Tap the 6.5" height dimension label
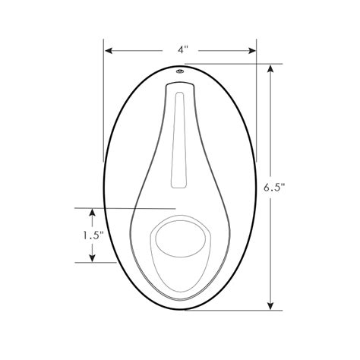tap(273, 188)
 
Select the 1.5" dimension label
tap(92, 235)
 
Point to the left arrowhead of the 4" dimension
tap(109, 51)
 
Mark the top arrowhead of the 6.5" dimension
tap(271, 68)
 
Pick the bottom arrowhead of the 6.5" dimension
tap(271, 305)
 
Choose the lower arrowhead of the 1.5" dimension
tap(92, 258)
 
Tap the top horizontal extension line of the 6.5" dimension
tap(228, 65)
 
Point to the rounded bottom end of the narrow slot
tap(179, 185)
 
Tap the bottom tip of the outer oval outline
tap(182, 309)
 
